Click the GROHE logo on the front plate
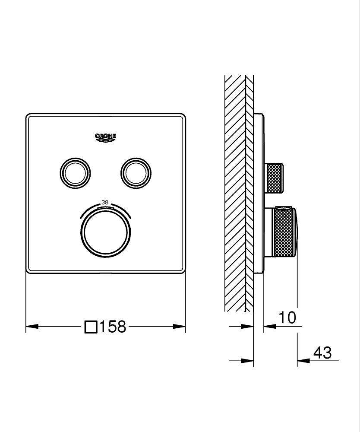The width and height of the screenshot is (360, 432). pos(106,137)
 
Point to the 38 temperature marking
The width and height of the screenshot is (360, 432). pos(105,202)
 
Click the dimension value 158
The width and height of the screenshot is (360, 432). pos(113,327)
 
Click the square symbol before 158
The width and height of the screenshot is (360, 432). pos(91,327)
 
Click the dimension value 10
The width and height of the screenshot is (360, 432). pos(287,318)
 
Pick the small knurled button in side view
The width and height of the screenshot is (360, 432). pos(275,178)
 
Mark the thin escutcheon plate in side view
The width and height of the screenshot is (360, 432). pos(259,194)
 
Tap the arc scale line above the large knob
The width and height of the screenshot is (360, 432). pos(106,208)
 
